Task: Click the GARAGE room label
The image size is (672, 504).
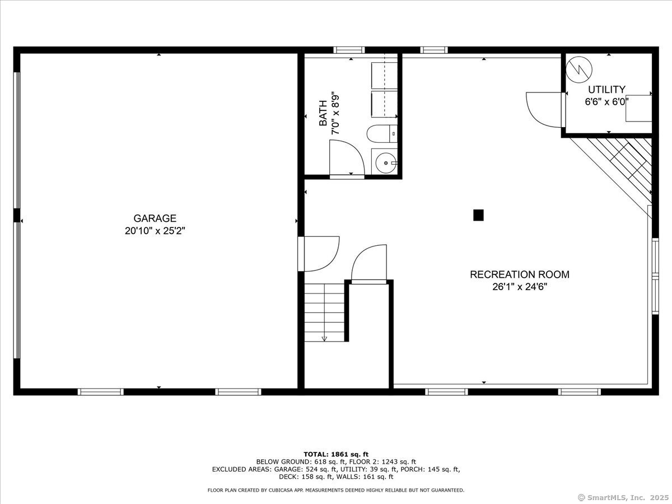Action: pyautogui.click(x=155, y=218)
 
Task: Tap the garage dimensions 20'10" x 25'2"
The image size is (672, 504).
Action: pyautogui.click(x=155, y=231)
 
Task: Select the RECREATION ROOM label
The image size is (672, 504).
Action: pyautogui.click(x=520, y=274)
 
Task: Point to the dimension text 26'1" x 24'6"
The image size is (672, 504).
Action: pyautogui.click(x=520, y=287)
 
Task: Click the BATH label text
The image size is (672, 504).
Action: pyautogui.click(x=323, y=113)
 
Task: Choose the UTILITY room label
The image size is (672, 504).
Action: pyautogui.click(x=606, y=90)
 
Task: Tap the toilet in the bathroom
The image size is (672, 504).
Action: pyautogui.click(x=382, y=134)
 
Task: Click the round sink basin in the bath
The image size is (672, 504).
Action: pyautogui.click(x=386, y=163)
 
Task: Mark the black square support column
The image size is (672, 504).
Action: pyautogui.click(x=478, y=215)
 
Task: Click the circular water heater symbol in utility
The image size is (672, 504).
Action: pyautogui.click(x=579, y=70)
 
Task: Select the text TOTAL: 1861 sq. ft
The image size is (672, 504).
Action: pyautogui.click(x=336, y=454)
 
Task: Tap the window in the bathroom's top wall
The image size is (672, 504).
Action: pyautogui.click(x=349, y=50)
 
